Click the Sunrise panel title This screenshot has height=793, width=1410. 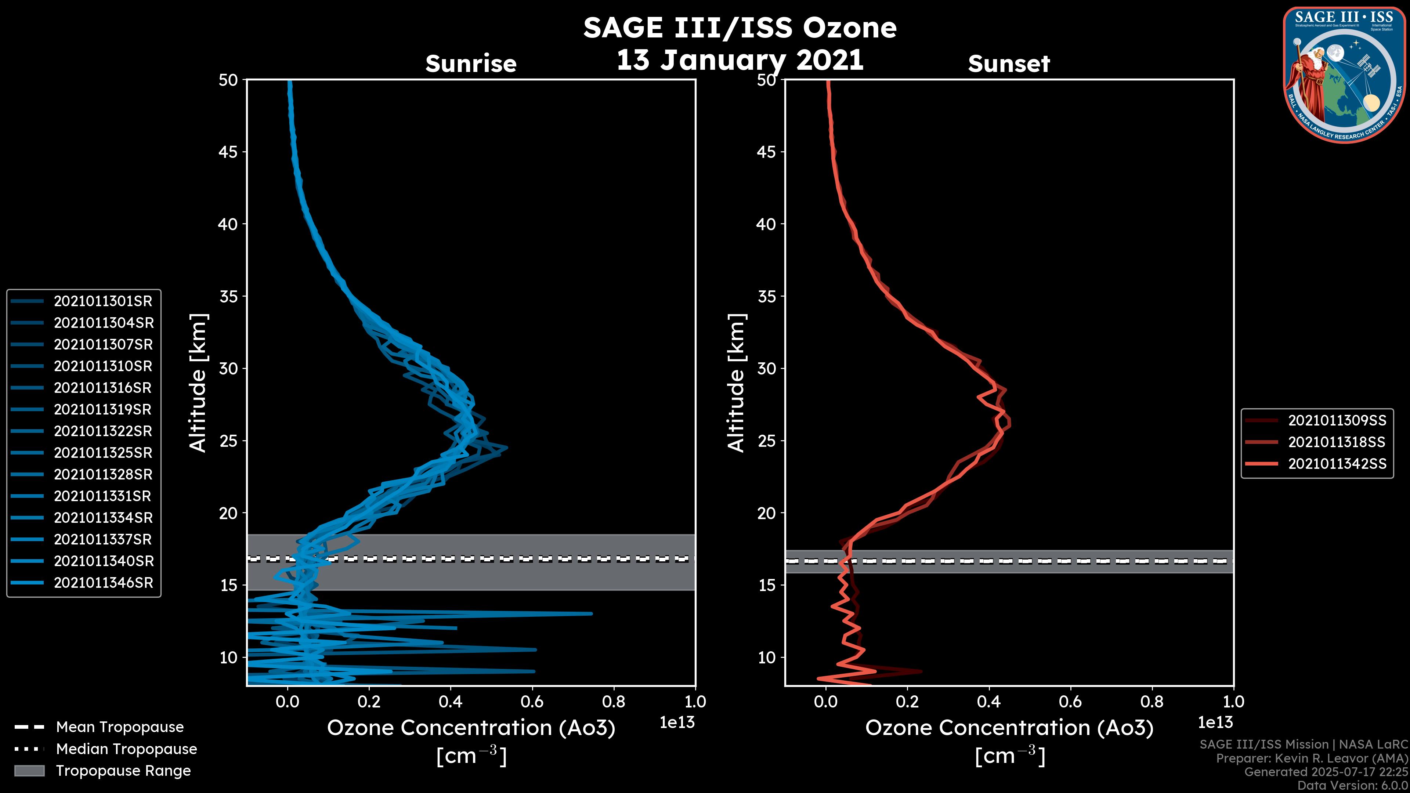(471, 64)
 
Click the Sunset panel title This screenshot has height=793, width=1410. (1009, 64)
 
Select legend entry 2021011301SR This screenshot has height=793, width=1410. (103, 301)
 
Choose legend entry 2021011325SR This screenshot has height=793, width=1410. (103, 453)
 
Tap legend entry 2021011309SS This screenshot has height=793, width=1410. (1337, 420)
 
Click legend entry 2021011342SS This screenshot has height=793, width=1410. (1337, 464)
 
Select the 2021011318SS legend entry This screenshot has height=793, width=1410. (1337, 442)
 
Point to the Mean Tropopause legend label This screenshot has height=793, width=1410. (120, 727)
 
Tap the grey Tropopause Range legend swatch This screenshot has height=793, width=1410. (29, 771)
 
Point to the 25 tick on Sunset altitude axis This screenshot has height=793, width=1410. (766, 441)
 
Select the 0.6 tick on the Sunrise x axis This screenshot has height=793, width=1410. (532, 702)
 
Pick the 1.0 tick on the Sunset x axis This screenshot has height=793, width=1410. (1233, 702)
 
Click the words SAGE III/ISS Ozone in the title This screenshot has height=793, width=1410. (740, 28)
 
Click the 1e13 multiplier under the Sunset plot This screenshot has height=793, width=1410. (1215, 723)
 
